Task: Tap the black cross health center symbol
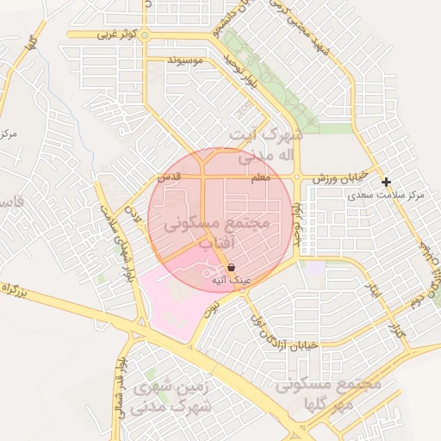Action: point(387,182)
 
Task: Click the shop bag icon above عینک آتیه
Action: point(231,268)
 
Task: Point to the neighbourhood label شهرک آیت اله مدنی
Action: point(268,146)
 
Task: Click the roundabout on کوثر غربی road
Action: point(145,34)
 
